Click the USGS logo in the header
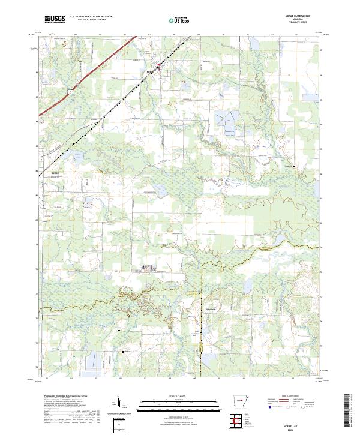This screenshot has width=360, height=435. click(x=55, y=19)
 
